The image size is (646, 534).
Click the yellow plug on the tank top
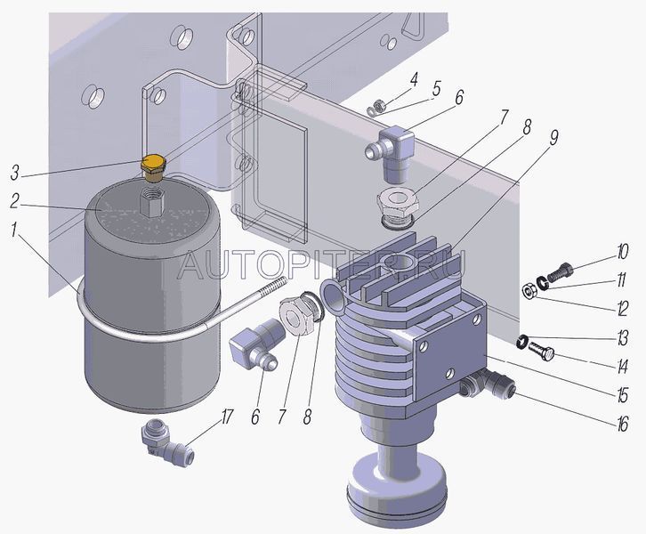[x=152, y=168]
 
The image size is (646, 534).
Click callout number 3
[x=15, y=173]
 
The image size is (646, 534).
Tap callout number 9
[x=553, y=139]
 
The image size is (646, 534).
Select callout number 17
[x=226, y=417]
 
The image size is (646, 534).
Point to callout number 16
[x=621, y=424]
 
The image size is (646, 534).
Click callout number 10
[x=622, y=251]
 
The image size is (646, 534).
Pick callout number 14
[x=621, y=366]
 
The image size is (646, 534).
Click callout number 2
[x=15, y=201]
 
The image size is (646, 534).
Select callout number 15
[x=621, y=395]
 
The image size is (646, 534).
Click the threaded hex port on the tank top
[x=152, y=200]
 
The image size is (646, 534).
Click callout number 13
[x=621, y=338]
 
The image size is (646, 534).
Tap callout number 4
[x=413, y=78]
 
